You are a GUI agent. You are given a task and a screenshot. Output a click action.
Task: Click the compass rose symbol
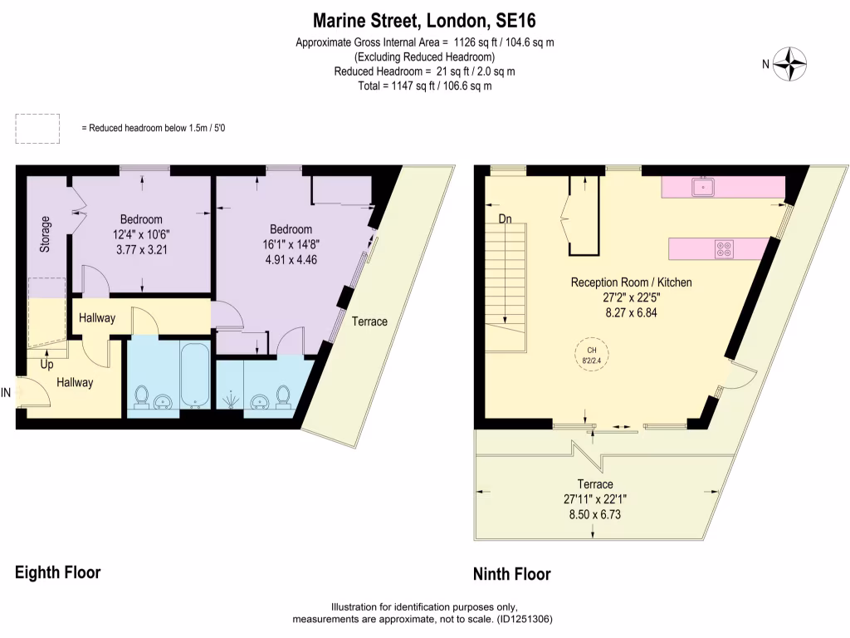point(790,65)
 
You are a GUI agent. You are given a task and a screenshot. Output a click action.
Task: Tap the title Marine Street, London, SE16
point(424,19)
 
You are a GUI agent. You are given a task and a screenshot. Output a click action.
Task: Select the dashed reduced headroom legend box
point(37,128)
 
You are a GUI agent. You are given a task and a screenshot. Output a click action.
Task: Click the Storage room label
point(46,233)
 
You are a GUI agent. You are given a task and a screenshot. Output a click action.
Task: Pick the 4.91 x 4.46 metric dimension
point(291,258)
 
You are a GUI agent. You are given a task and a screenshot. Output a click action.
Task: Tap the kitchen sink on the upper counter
point(705,187)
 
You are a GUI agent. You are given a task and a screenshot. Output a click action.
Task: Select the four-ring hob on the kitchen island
point(724,248)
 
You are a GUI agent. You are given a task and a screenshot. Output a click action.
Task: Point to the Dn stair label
point(505,220)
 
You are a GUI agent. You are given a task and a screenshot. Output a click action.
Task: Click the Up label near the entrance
point(47,364)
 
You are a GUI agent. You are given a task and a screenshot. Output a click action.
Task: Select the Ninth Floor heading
point(511,574)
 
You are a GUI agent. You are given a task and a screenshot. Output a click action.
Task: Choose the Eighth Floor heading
point(58,572)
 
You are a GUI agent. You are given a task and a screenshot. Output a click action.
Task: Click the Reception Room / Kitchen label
point(631,282)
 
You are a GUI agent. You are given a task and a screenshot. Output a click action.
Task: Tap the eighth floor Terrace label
point(369,321)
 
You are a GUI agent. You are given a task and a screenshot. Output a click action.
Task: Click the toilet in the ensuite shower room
point(282,396)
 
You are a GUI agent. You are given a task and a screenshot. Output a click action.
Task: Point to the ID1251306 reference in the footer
point(522,619)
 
